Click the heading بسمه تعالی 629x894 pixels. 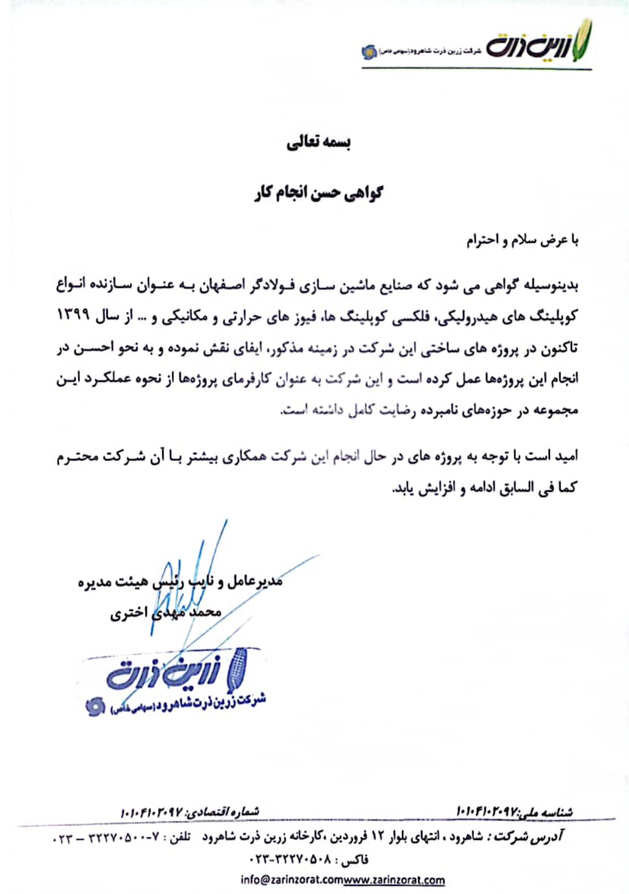318,143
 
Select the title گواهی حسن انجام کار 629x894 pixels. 318,192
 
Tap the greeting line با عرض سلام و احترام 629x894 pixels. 522,240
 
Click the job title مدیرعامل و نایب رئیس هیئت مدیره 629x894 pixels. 180,581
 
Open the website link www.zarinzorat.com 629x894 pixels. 395,880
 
